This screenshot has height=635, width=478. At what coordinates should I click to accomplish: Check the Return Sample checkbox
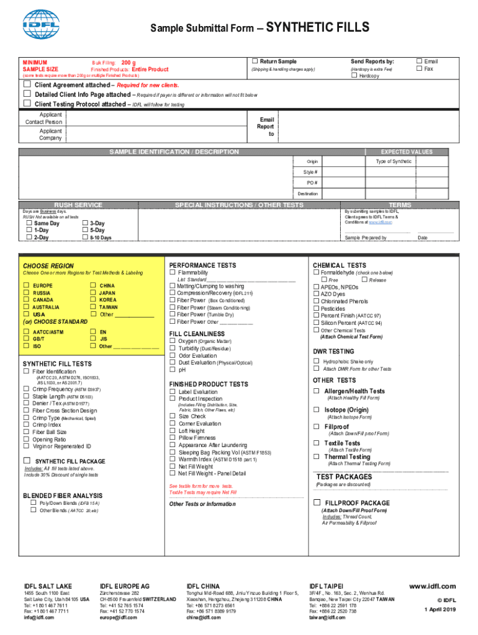click(255, 61)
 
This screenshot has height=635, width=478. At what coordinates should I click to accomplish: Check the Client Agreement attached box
click(27, 84)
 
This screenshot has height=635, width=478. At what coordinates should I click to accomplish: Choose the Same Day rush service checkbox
click(29, 223)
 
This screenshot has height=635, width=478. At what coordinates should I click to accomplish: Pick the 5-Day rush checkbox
click(85, 230)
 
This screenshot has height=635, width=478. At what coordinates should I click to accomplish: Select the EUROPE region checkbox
click(27, 285)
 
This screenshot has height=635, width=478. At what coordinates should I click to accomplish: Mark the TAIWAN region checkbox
click(93, 307)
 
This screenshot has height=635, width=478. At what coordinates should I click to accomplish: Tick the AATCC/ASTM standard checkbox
click(27, 332)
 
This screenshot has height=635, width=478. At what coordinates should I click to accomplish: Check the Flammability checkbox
click(173, 273)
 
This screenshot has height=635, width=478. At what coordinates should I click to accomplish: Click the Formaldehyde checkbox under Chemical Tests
click(316, 273)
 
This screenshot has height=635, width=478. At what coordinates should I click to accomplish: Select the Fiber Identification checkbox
click(26, 371)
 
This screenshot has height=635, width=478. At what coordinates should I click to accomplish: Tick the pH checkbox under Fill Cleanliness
click(173, 370)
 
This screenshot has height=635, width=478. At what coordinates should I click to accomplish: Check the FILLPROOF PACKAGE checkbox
click(317, 502)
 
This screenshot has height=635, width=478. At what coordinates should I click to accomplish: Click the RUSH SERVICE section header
click(78, 205)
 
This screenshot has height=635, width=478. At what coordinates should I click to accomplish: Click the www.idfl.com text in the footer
click(433, 586)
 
